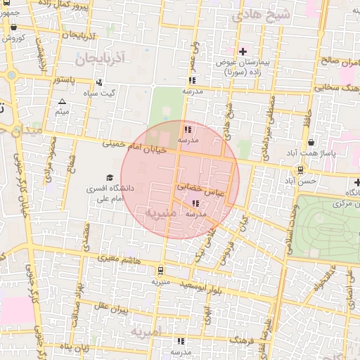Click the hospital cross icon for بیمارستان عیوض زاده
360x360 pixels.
click(243, 51)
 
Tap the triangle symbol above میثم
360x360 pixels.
click(62, 102)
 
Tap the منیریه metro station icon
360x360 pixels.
click(160, 270)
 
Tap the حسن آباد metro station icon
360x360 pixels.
click(300, 169)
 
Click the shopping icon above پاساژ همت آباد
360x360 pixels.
click(311, 143)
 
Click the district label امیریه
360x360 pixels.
click(146, 330)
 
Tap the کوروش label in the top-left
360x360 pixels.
click(14, 37)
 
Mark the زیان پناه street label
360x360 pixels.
click(72, 347)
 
